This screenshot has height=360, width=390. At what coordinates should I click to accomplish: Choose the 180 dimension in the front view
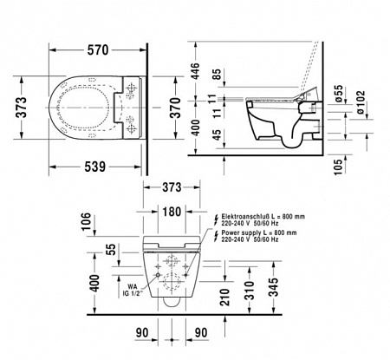(172, 213)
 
